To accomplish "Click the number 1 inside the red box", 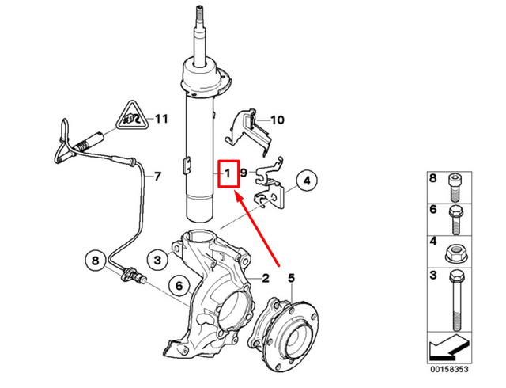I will [228, 172].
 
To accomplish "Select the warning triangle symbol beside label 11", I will [130, 119].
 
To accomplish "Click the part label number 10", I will [276, 120].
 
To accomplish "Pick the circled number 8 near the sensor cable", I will [95, 260].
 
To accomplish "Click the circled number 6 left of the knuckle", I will [179, 285].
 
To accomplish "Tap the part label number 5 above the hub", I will [291, 277].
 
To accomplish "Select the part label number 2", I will [266, 277].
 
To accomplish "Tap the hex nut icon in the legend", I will [455, 255].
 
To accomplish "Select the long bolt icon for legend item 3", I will [455, 302].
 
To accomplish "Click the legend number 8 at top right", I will [432, 181].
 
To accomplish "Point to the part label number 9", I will [244, 173].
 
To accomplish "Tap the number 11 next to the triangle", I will [161, 120].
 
